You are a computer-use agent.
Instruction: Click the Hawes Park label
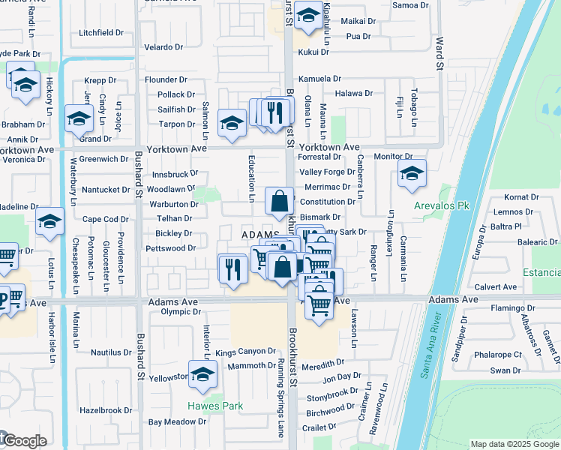216,406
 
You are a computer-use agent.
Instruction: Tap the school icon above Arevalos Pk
412,174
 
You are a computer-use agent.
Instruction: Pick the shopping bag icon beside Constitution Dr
279,201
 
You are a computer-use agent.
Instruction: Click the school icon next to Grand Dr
79,118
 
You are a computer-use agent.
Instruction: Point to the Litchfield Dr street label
101,33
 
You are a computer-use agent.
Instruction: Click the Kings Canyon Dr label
246,352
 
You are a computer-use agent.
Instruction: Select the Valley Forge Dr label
327,172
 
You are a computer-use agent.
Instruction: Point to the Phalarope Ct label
496,355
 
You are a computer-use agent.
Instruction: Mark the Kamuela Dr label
320,79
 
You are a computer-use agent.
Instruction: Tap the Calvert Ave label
496,286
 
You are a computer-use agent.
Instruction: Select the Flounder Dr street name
166,79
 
